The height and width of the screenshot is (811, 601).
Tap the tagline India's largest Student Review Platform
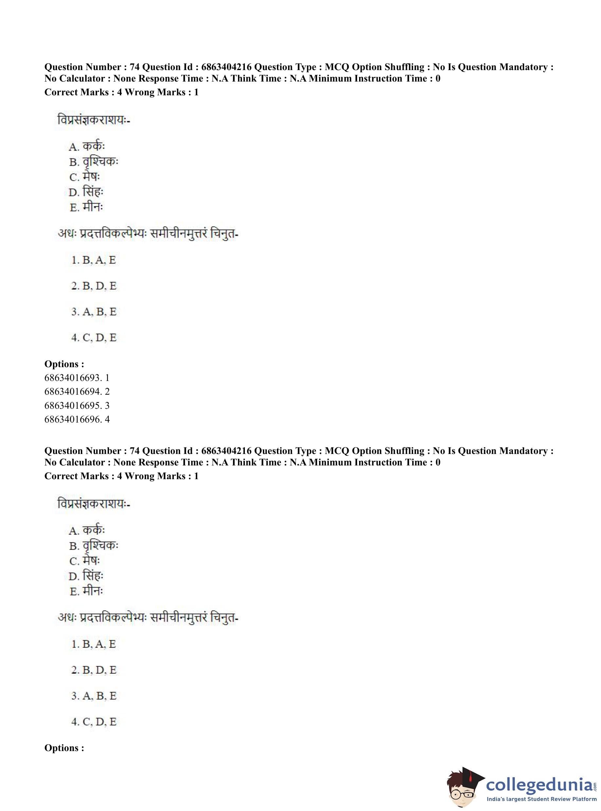pos(542,799)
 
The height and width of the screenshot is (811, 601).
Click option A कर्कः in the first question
pos(87,146)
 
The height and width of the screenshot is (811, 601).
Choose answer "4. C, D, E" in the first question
pos(94,337)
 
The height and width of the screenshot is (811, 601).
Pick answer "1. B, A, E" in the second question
pos(94,644)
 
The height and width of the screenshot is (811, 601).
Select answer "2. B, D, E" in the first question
pos(94,286)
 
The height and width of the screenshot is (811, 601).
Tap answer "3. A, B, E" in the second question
pos(94,696)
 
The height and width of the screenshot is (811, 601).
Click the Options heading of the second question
pos(64,748)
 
